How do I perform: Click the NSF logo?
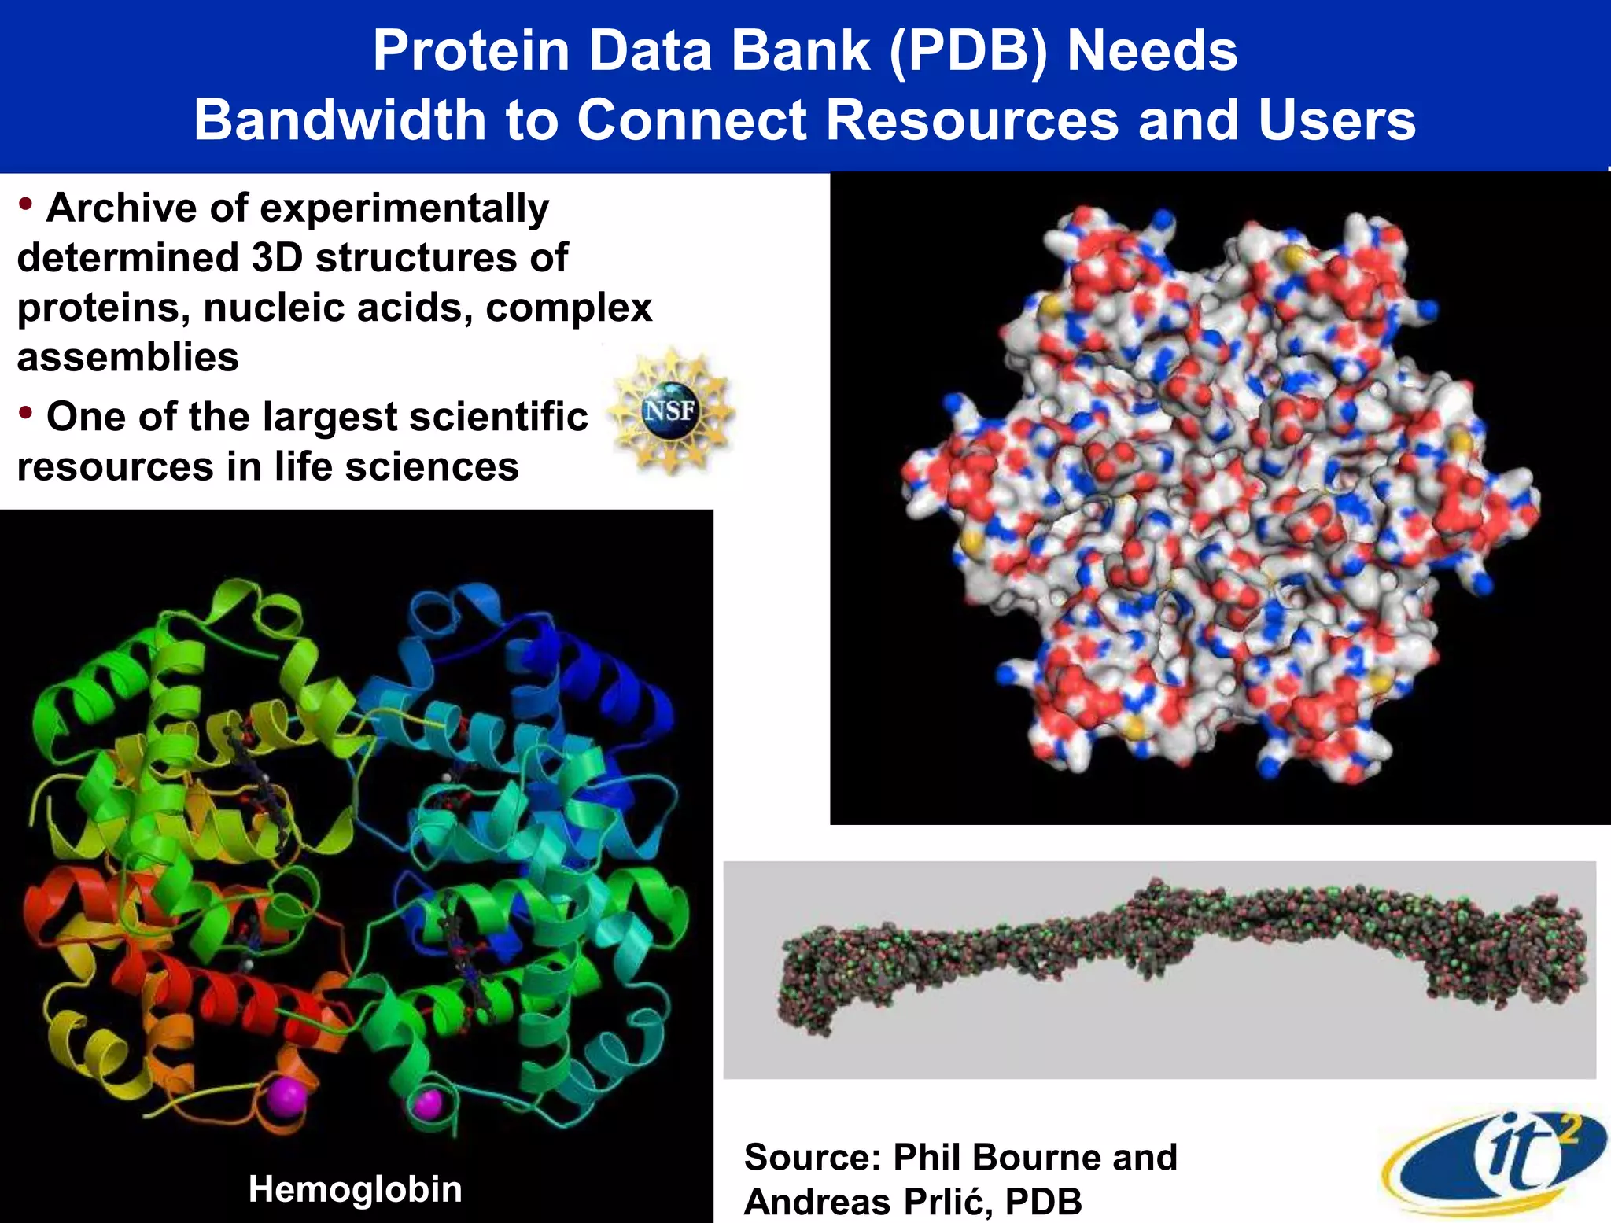coord(671,411)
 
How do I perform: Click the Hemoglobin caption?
coord(355,1188)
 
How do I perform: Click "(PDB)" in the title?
coord(968,50)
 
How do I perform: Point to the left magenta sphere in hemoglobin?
coord(284,1097)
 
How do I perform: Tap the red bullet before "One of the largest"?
coord(26,412)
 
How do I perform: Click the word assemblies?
coord(127,357)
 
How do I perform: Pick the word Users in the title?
coord(1336,120)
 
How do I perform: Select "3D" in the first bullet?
coord(277,258)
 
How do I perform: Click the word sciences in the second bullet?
coord(432,466)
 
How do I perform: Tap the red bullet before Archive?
coord(26,204)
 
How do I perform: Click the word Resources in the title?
coord(971,120)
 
